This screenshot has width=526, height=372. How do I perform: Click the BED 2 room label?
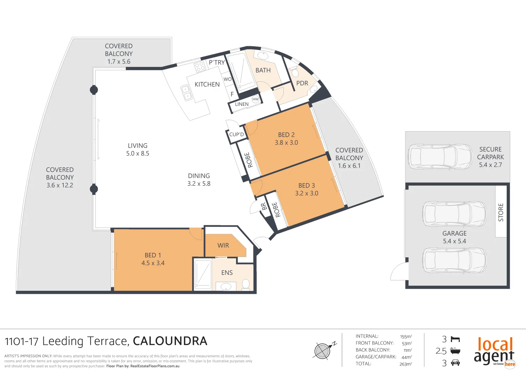[x=286, y=135]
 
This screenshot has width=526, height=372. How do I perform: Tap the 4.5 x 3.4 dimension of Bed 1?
[x=153, y=263]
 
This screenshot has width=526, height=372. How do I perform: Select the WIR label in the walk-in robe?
[x=223, y=246]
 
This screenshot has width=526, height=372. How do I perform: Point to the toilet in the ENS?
[x=245, y=285]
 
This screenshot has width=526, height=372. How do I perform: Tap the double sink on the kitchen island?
[x=186, y=93]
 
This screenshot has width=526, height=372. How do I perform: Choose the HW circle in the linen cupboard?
[x=255, y=99]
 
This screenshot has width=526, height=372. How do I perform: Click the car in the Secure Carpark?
[x=440, y=157]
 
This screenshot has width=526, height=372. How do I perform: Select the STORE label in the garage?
[x=501, y=212]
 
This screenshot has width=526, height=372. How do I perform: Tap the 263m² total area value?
[x=405, y=364]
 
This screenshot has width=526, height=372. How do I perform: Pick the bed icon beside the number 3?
[x=455, y=340]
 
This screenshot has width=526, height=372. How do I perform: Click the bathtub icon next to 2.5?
[x=455, y=351]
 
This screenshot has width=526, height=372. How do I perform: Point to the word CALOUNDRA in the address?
[x=170, y=341]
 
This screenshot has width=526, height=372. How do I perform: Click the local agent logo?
[x=494, y=351]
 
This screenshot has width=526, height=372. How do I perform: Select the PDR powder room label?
[x=302, y=83]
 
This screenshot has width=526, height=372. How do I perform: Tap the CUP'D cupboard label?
[x=236, y=135]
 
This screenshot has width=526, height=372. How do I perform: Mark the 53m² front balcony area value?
[x=406, y=343]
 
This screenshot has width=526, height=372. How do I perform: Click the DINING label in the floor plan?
[x=199, y=176]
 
